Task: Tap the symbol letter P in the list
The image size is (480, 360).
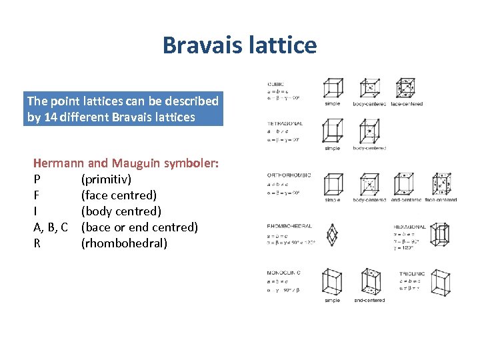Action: click(x=37, y=179)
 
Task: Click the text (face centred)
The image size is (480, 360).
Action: click(x=119, y=195)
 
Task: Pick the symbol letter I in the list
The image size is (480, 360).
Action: click(x=35, y=211)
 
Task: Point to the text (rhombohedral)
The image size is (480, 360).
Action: click(x=124, y=243)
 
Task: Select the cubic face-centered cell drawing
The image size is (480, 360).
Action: click(x=405, y=89)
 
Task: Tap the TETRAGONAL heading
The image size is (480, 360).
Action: click(x=285, y=123)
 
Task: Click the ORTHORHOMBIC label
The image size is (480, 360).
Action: click(x=289, y=175)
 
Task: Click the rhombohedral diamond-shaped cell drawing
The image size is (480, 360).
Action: click(x=331, y=235)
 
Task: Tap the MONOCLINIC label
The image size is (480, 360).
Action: click(x=284, y=273)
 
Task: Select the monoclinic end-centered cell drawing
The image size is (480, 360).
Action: click(x=369, y=283)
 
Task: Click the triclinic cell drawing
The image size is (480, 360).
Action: click(x=439, y=283)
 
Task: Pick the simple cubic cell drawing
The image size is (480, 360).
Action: click(x=333, y=89)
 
